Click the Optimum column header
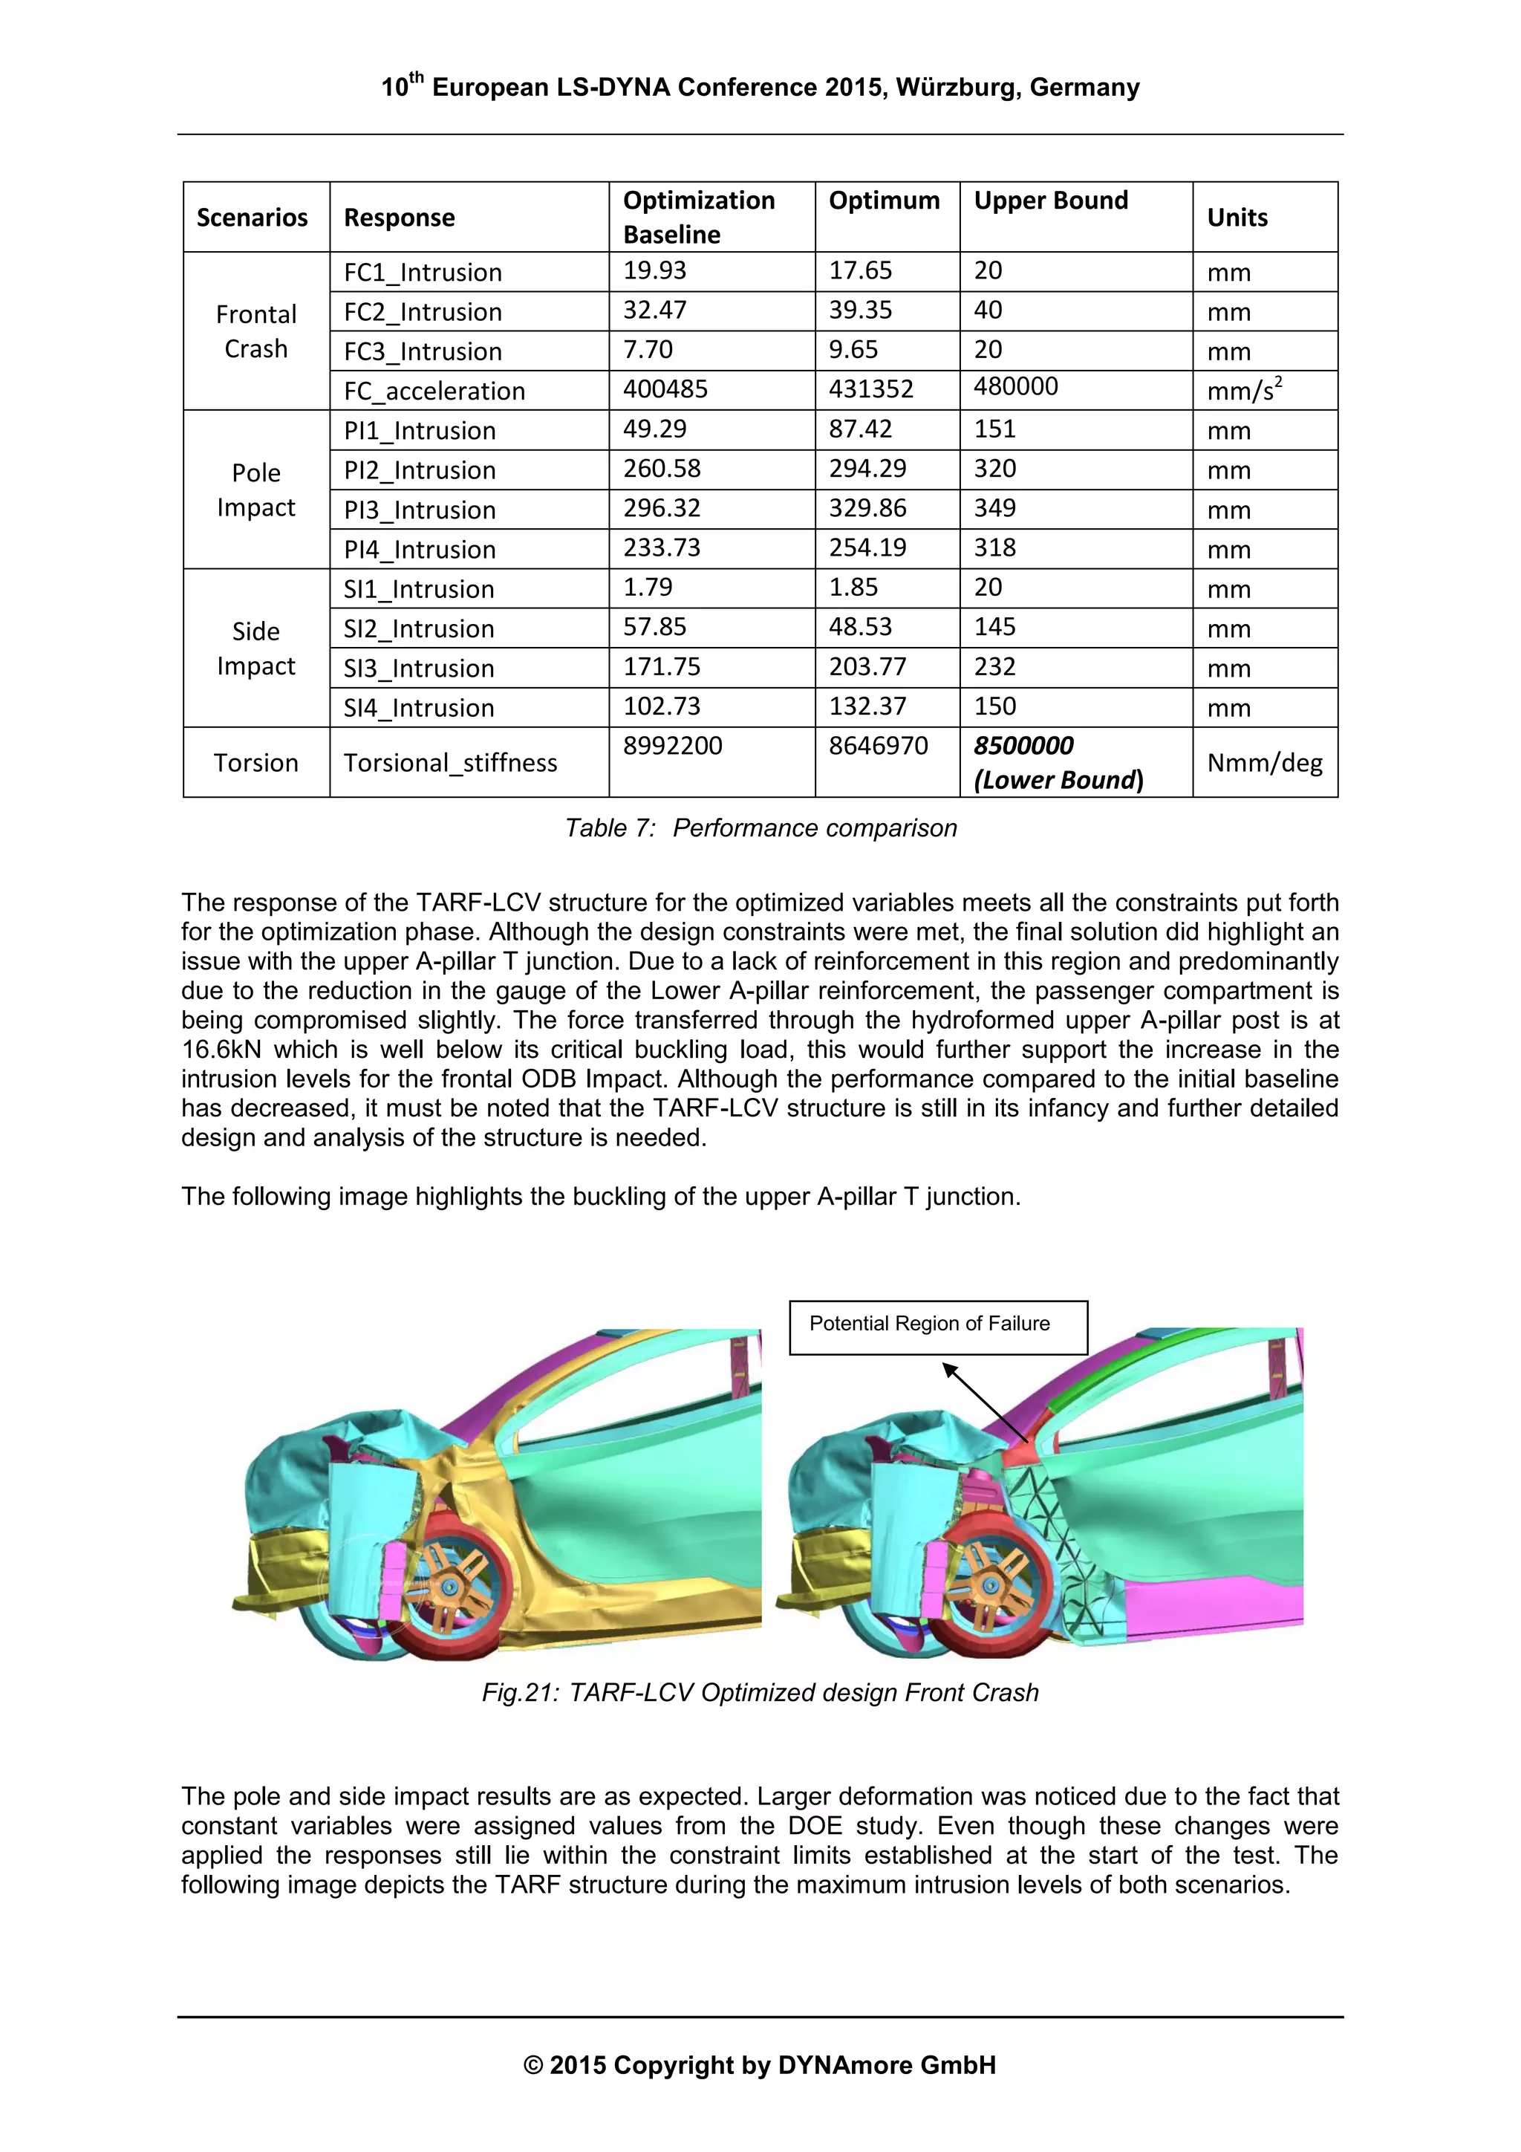click(x=884, y=201)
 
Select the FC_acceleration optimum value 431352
click(x=870, y=389)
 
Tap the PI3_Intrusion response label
click(x=419, y=510)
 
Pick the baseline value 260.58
click(x=662, y=469)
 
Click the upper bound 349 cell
click(x=994, y=508)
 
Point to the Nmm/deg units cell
click(x=1263, y=763)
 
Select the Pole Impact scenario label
click(x=255, y=490)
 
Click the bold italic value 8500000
click(x=1023, y=746)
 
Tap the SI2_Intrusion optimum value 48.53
click(x=860, y=627)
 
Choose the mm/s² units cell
click(x=1243, y=390)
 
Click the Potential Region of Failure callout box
click(x=938, y=1326)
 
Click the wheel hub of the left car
click(x=450, y=1586)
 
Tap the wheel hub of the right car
click(x=991, y=1586)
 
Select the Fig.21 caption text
click(x=760, y=1693)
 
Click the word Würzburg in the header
click(x=956, y=88)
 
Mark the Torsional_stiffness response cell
click(x=450, y=763)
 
